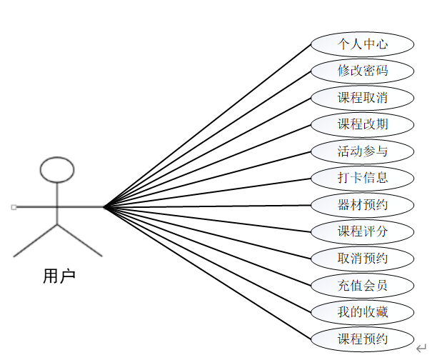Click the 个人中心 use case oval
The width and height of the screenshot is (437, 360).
(362, 44)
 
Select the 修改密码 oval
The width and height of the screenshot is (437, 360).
(362, 71)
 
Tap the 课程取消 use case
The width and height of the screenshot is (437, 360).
(362, 97)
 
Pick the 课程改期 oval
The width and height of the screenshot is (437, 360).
(362, 124)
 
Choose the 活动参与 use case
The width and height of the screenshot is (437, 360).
(362, 151)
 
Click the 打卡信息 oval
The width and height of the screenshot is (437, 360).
(362, 178)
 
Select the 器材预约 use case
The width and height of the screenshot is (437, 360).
(362, 205)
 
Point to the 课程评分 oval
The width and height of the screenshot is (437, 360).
(362, 231)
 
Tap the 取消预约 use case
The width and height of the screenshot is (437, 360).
(362, 258)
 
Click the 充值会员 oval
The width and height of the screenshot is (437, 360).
(362, 285)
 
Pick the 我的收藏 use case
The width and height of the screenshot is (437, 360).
(362, 311)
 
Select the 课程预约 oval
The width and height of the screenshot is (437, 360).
(362, 338)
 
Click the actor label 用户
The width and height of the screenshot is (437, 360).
(59, 276)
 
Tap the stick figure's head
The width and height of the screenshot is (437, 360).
(56, 169)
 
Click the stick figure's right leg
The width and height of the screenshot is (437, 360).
(79, 240)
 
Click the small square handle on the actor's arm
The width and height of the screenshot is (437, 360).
(14, 207)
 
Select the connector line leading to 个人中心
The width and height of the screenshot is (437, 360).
(207, 125)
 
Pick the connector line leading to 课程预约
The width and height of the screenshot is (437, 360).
(207, 272)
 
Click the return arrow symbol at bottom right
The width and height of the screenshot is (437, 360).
(421, 348)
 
